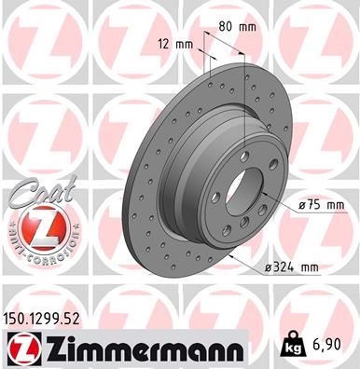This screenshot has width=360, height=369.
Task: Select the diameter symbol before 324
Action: pos(269,268)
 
